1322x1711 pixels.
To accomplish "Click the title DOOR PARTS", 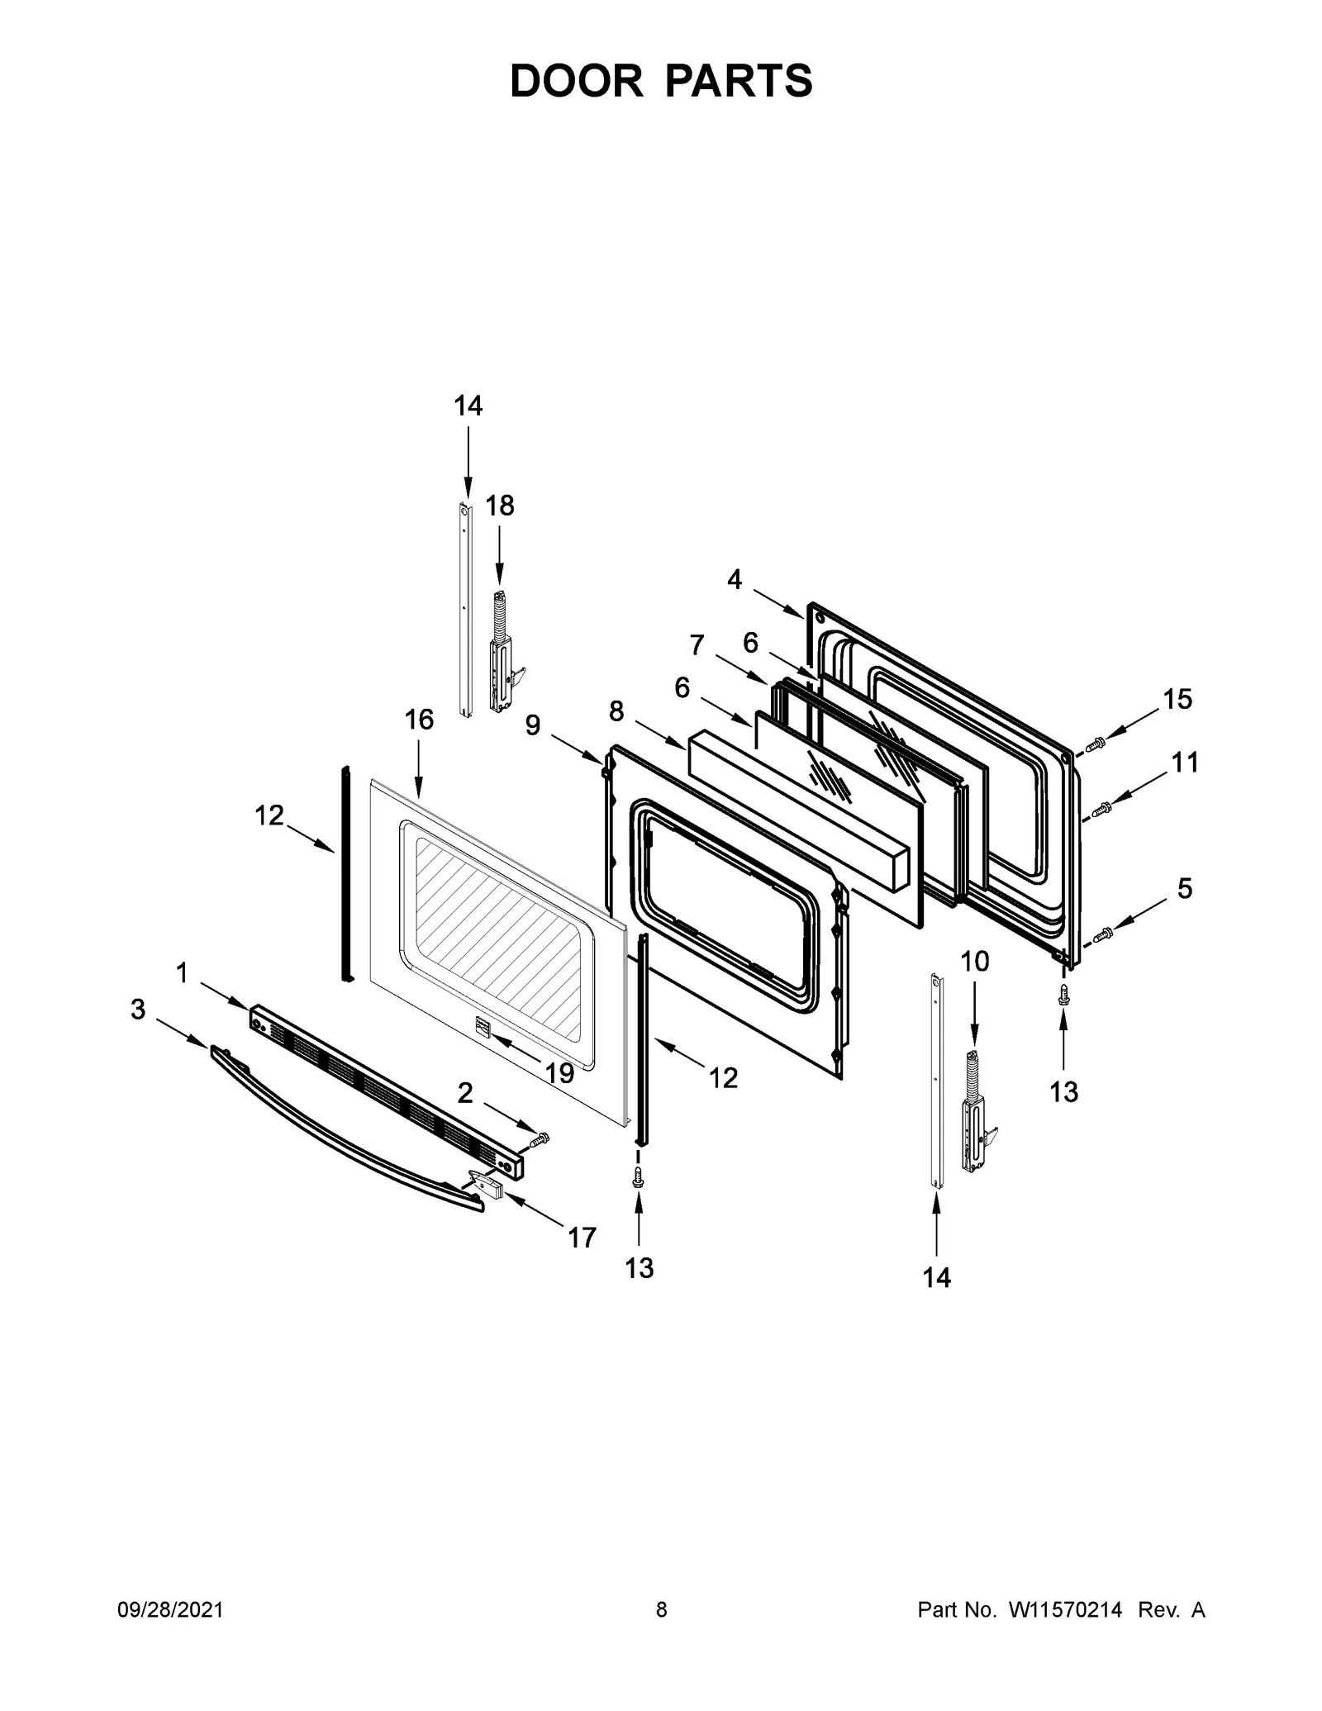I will (x=661, y=81).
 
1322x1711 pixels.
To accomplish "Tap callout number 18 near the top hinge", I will (x=499, y=505).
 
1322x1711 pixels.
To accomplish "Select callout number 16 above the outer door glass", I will (x=419, y=720).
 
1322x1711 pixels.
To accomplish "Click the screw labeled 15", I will (x=1094, y=744).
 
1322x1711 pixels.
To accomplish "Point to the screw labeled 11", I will (x=1101, y=810).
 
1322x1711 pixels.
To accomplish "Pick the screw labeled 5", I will (x=1102, y=934).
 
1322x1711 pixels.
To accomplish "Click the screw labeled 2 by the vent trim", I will (x=539, y=1141).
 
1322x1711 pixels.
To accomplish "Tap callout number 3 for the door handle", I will (x=138, y=1009).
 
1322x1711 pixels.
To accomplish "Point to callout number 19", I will (x=559, y=1072).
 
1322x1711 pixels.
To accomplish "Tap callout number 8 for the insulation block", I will (x=616, y=711).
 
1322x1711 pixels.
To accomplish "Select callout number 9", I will (x=533, y=725).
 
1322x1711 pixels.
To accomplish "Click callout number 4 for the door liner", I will (x=735, y=580).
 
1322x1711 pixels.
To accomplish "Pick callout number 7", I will (x=697, y=644).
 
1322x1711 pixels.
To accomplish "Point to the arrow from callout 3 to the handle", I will (x=182, y=1034).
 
